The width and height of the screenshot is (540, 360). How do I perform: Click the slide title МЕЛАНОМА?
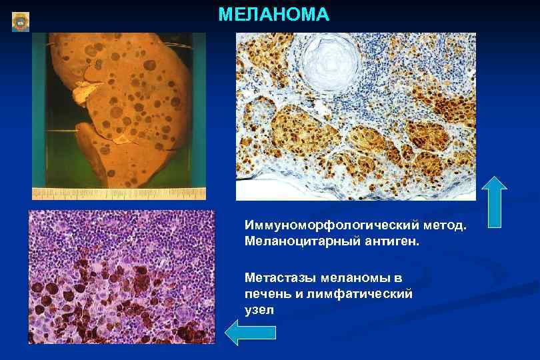click(273, 15)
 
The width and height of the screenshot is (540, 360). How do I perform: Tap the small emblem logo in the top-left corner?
click(21, 22)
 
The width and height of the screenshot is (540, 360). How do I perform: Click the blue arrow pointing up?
click(494, 202)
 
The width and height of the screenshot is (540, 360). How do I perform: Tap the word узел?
click(259, 310)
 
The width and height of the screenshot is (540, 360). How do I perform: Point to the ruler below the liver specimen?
click(119, 194)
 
